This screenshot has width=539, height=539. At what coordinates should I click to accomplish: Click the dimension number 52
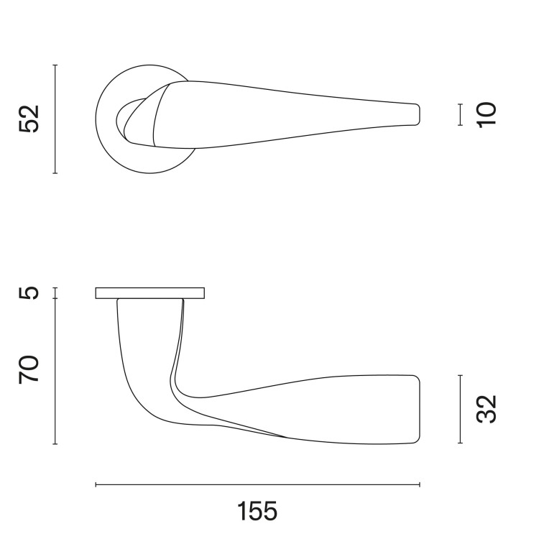click(29, 119)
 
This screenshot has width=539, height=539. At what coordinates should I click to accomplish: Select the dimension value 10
click(487, 115)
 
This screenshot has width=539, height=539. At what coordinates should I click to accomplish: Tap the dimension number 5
click(29, 293)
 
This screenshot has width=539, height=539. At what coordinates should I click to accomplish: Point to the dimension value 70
click(29, 370)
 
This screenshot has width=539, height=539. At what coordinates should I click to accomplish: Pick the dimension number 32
click(487, 409)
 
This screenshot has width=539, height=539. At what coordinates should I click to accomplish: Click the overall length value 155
click(257, 511)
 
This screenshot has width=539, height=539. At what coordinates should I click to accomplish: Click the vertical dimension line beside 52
click(55, 119)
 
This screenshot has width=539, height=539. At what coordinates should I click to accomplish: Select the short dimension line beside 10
click(460, 114)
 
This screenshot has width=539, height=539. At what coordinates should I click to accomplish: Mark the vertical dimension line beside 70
click(55, 372)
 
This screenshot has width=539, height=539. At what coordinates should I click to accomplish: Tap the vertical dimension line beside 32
click(460, 409)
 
